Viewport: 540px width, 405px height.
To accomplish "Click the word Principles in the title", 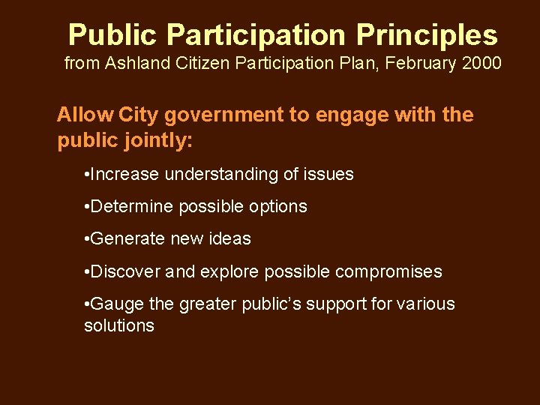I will coord(427,35).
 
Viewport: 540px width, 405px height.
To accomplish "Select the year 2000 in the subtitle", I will coord(480,63).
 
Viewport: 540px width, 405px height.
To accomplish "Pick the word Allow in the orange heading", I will coord(84,115).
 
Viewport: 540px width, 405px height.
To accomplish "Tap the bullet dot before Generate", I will coord(88,239).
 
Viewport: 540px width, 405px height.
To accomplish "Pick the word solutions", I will coord(119,325).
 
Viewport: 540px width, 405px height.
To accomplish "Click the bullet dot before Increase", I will coord(88,175).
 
